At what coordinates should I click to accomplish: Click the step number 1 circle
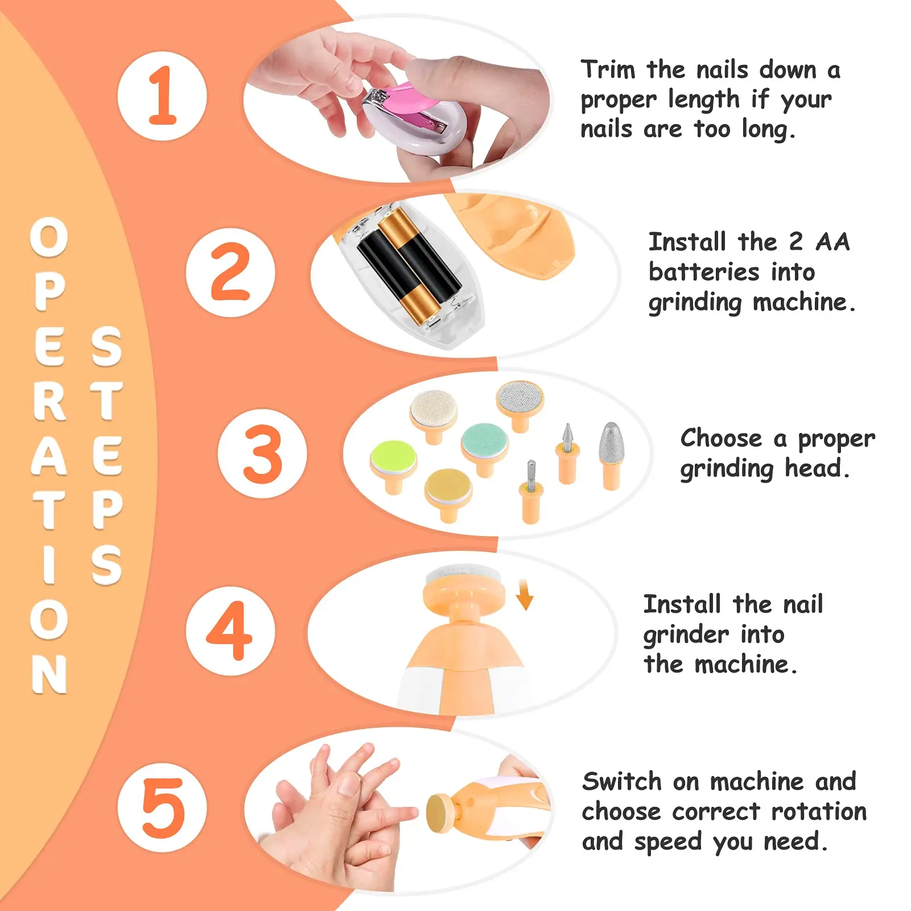pos(162,96)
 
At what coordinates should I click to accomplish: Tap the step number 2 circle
pos(230,273)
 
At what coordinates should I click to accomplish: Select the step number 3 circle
pos(262,454)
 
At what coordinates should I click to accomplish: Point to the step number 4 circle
pos(230,631)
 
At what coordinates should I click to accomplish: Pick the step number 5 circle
pos(162,807)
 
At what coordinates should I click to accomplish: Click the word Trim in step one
pos(607,70)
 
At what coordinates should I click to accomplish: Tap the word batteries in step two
pos(703,272)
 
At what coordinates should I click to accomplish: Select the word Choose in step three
pos(720,438)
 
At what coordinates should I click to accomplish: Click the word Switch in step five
pos(621,782)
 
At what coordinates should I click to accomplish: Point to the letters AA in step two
pos(832,242)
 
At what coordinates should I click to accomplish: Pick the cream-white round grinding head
pos(434,410)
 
